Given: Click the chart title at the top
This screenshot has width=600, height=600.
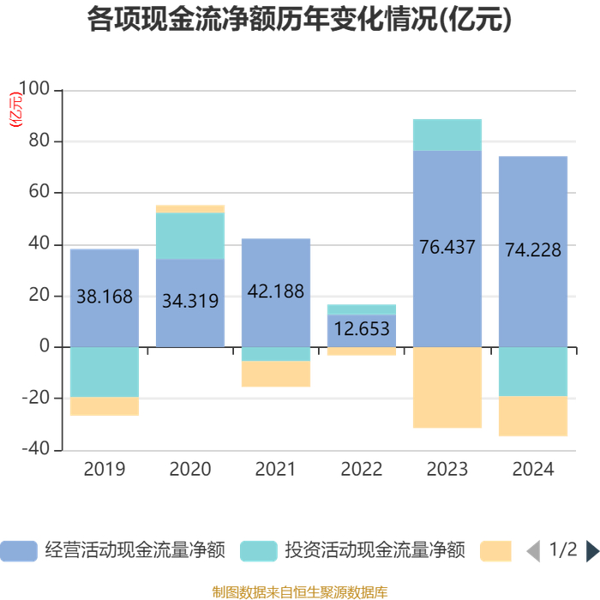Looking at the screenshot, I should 300,20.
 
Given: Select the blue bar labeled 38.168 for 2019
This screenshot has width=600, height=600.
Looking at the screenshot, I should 105,274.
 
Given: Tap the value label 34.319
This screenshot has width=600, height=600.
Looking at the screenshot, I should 190,301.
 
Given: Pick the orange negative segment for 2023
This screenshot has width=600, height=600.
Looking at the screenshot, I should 447,387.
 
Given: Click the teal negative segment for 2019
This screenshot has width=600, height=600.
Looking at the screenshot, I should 105,372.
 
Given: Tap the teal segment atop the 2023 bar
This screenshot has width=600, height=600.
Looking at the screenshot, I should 447,135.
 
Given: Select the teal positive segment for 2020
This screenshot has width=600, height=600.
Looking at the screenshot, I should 190,236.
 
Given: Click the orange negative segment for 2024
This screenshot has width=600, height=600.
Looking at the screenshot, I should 533,416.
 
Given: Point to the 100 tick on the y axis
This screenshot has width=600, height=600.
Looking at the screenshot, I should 40,90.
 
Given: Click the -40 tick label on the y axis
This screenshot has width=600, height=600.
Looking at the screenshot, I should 38,450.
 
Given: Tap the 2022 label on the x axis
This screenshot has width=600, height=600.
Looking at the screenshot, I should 362,470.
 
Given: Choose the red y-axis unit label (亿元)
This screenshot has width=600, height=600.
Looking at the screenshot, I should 16,108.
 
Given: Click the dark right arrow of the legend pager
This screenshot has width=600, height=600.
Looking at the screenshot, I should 592,550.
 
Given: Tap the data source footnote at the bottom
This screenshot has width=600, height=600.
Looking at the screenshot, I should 300,591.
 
